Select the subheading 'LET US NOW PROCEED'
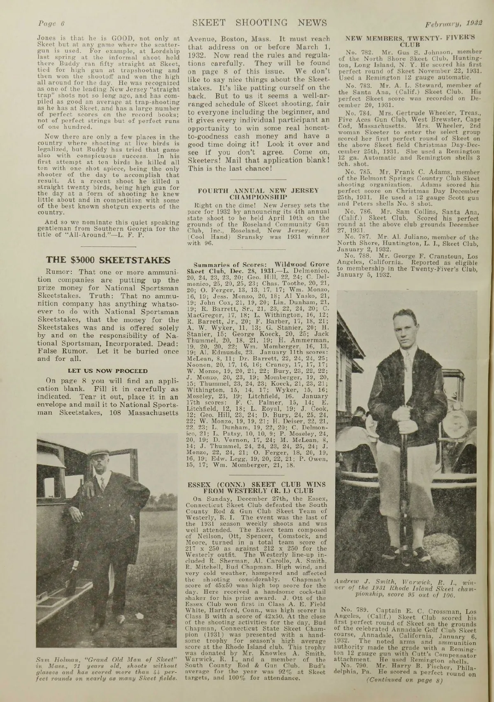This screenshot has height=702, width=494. [107, 371]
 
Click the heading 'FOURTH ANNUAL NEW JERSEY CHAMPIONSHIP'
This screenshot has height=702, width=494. [259, 193]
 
